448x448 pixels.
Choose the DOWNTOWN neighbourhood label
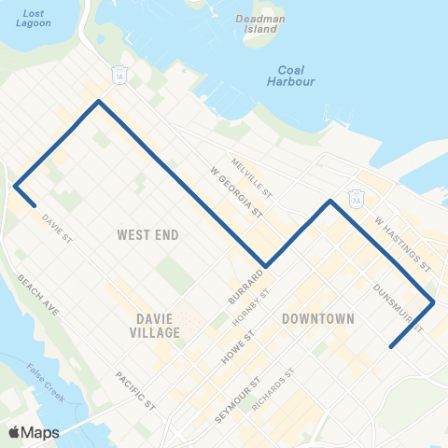pyautogui.click(x=317, y=318)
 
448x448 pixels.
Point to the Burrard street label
pyautogui.click(x=242, y=286)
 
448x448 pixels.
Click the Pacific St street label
pyautogui.click(x=135, y=390)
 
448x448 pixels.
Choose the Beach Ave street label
pyautogui.click(x=38, y=295)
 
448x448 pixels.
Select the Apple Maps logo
pyautogui.click(x=33, y=432)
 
